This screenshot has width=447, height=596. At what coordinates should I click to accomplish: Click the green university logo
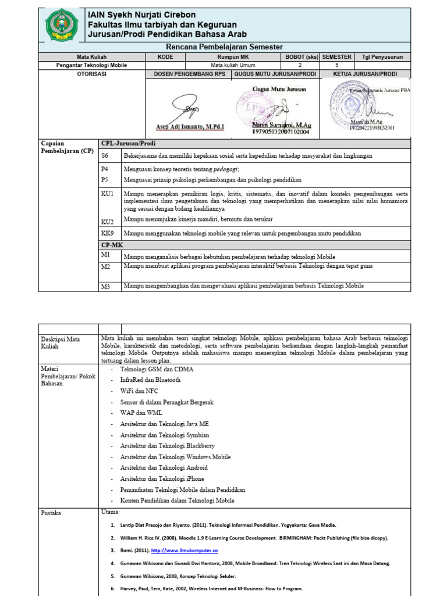coord(61,24)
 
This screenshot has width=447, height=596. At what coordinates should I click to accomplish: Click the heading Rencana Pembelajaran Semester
coord(224,47)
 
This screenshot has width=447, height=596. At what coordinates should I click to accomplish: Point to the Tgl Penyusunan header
coord(382,57)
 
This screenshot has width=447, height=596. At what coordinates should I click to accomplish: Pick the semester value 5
coord(336,65)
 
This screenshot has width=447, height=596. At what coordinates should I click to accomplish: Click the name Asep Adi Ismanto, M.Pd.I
coord(190,126)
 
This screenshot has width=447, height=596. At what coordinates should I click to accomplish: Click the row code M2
coord(105,267)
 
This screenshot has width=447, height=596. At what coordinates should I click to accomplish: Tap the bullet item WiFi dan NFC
coord(139,391)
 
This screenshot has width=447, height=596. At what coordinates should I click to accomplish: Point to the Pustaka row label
coord(51,513)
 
